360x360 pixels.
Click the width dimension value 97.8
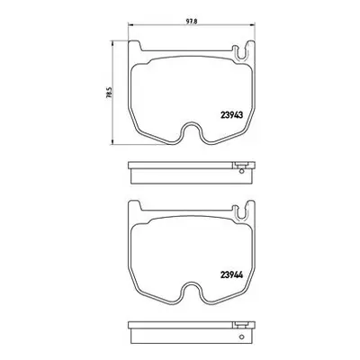tap(191, 22)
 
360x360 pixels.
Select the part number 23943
tap(231, 114)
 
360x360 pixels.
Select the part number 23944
tap(231, 274)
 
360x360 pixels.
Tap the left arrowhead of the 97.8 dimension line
tap(130, 25)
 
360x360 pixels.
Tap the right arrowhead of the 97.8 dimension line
tap(253, 25)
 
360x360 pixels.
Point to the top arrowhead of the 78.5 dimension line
tap(112, 42)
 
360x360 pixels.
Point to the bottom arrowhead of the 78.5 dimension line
tap(112, 142)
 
